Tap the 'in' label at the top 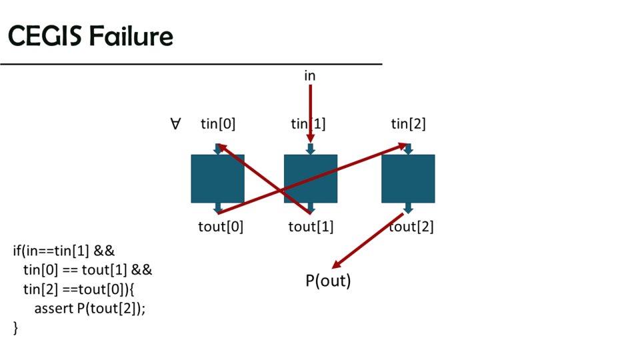coord(310,76)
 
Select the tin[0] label coord(218,124)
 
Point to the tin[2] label coord(408,124)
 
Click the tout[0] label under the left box coord(221,227)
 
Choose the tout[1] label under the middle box coord(311,227)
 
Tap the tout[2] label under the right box coord(411,227)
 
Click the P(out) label coord(328,281)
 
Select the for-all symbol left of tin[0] coord(176,124)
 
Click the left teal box coord(217,179)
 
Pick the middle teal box coord(311,179)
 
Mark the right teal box coord(408,179)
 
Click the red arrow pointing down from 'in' coord(310,110)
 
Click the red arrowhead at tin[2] coord(402,145)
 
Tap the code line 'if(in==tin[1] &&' coord(64,251)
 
